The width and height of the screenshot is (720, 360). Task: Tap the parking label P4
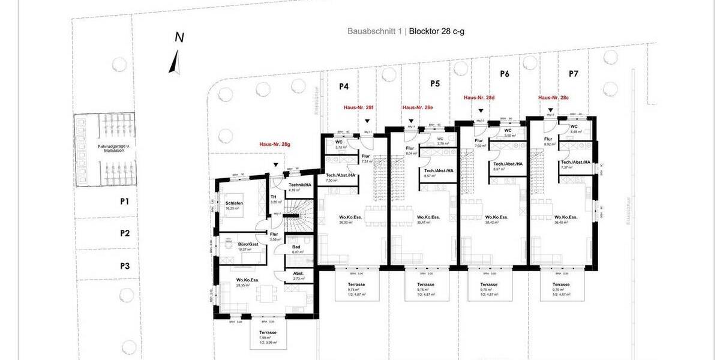[344, 86]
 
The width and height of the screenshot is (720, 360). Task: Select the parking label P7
[574, 74]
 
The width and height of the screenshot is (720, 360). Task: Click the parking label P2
[125, 233]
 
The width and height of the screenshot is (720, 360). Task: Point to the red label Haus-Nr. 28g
[275, 145]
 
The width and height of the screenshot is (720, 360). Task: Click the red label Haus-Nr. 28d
[479, 97]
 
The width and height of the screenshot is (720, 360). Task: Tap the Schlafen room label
[234, 203]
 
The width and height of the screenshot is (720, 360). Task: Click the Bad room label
[296, 247]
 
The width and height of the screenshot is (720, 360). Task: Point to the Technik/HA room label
[300, 185]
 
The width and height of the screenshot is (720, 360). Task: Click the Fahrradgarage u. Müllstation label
[104, 149]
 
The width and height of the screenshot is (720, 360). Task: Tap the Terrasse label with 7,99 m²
[268, 332]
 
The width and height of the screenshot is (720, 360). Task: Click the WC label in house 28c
[574, 127]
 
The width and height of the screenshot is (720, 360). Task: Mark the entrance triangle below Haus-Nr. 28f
[367, 121]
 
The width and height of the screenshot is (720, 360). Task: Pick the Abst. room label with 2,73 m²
[298, 273]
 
